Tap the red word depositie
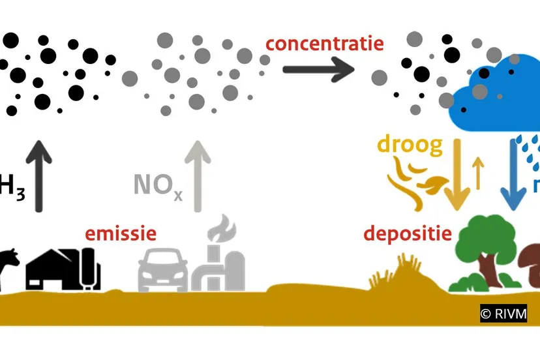point(408,233)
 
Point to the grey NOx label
point(158,185)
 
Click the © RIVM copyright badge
point(503,314)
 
